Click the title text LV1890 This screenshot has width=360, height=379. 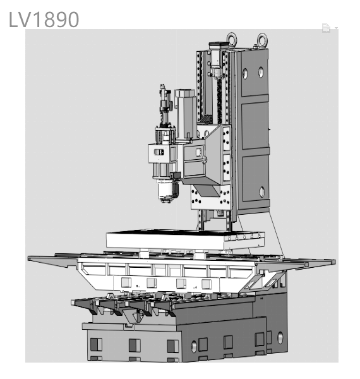click(44, 20)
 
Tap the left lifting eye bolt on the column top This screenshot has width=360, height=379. click(231, 38)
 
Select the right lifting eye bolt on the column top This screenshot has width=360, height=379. click(262, 39)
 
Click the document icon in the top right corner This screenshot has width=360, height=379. click(326, 28)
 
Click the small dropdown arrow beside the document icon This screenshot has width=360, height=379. click(337, 28)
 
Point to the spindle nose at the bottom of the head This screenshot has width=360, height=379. click(166, 193)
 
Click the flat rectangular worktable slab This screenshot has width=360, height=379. click(185, 239)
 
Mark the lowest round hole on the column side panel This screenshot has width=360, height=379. click(262, 191)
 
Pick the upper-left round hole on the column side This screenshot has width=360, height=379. click(245, 73)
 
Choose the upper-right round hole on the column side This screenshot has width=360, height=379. click(261, 72)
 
